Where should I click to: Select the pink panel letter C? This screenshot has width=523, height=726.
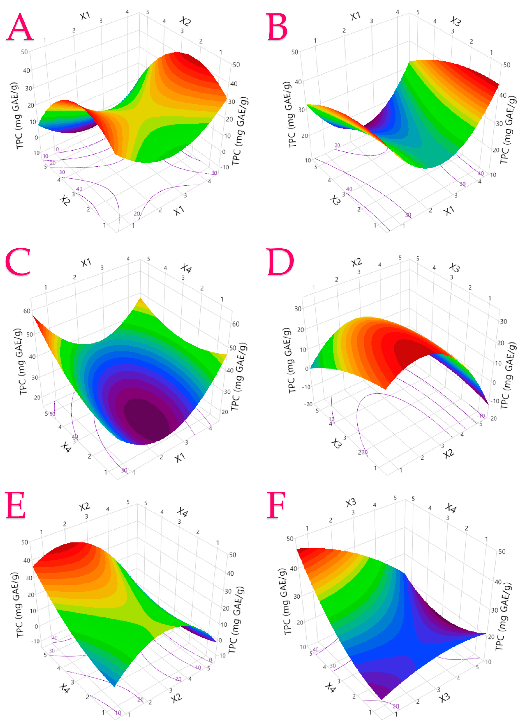tap(18, 262)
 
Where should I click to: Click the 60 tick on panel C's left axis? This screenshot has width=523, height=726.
tap(27, 311)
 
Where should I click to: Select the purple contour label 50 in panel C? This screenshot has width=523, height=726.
tap(52, 414)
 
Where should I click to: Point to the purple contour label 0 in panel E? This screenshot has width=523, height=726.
tap(210, 660)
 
